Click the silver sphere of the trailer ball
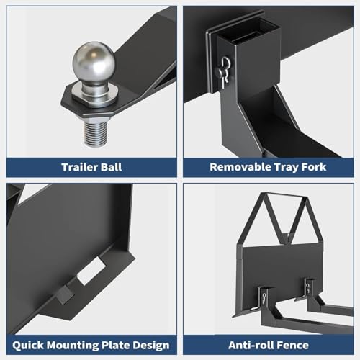tap(94, 61)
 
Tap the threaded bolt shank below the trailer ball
tap(95, 133)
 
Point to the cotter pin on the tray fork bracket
tap(225, 71)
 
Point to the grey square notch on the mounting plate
tap(63, 294)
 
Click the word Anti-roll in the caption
tap(248, 346)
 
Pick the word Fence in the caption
tap(289, 346)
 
